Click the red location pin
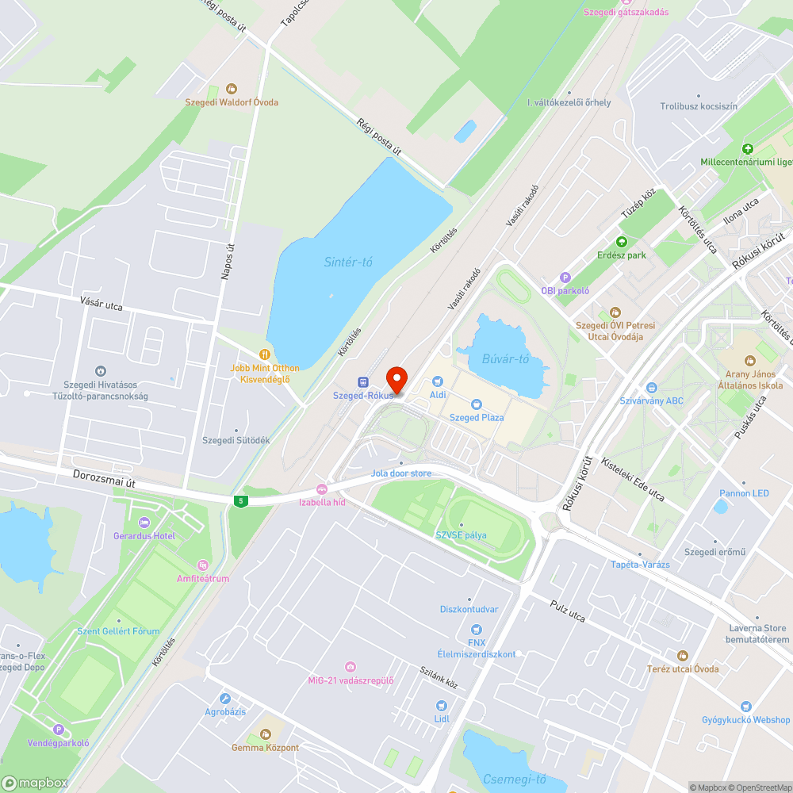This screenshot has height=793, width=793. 396,379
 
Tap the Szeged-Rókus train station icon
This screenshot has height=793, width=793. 363,381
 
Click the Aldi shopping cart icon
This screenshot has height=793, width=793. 437,381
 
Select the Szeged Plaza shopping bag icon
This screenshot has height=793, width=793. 477,404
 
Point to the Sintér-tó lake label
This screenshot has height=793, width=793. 348,262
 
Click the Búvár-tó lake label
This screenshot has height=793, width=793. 505,359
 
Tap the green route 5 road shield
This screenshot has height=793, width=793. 240,501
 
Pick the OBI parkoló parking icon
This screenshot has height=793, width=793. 565,278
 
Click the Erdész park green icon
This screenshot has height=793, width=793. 622,242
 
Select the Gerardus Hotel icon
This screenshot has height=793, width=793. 144,523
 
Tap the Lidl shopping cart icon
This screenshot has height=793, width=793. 442,705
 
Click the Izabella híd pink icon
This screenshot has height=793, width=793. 321,489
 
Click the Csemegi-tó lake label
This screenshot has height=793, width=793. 515,779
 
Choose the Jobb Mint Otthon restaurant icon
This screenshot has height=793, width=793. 265,354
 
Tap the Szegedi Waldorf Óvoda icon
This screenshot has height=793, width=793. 232,89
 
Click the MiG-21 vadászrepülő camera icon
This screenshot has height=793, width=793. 351,667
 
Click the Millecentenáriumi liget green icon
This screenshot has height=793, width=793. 746,149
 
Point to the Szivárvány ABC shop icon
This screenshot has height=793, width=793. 651,388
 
